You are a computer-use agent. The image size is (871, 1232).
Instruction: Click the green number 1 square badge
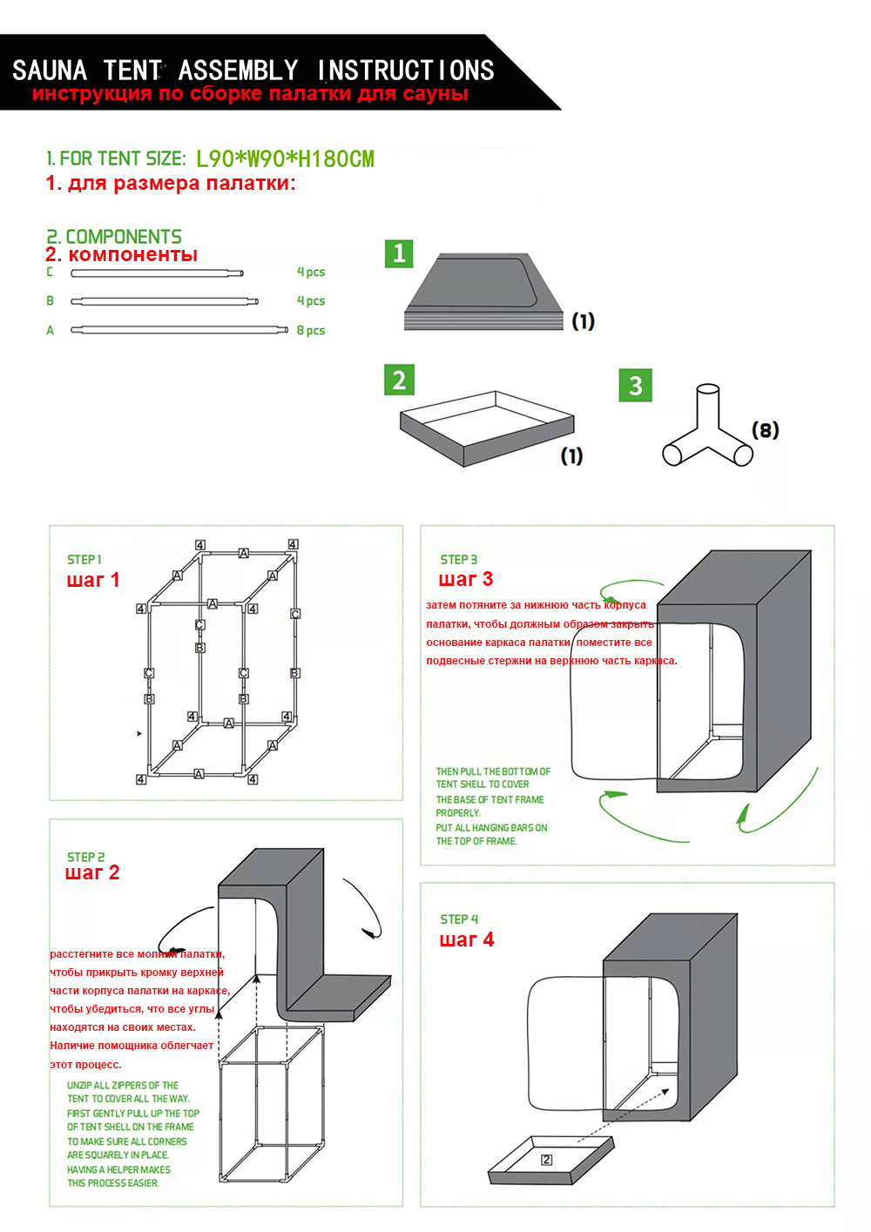[399, 253]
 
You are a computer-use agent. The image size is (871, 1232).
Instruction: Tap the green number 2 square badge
[399, 380]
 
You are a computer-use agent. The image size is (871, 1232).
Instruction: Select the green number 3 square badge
[635, 385]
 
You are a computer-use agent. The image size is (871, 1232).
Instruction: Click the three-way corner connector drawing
[707, 429]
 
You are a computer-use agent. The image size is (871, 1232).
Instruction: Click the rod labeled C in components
[157, 273]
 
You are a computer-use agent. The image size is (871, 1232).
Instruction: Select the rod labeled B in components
[165, 302]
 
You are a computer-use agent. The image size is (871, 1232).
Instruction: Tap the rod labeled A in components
[179, 330]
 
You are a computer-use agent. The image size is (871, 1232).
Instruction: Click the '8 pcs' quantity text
[311, 331]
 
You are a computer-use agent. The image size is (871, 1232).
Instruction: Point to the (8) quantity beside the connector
[765, 430]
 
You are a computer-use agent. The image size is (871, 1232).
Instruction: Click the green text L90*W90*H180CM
[285, 159]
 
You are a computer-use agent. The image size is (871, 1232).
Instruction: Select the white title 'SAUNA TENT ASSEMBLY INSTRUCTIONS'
[253, 70]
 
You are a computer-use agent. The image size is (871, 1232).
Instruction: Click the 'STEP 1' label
[84, 560]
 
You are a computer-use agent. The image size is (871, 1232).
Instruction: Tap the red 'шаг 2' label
[92, 873]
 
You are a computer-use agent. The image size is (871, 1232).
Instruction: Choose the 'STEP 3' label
[459, 560]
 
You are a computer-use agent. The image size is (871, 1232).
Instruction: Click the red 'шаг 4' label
[467, 940]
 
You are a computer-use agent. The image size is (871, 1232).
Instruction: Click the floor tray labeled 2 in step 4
[551, 1160]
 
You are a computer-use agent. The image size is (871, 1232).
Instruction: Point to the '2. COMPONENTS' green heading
[114, 237]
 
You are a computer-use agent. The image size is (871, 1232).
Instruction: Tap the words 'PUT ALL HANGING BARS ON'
[491, 828]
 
